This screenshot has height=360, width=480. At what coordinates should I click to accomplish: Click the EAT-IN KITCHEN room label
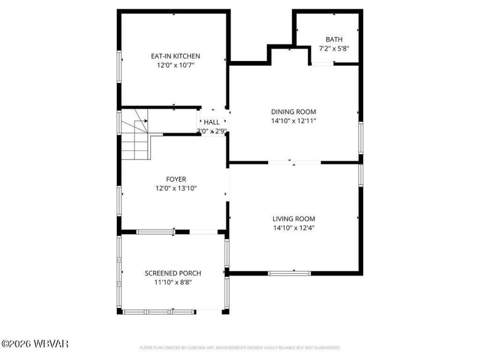175,56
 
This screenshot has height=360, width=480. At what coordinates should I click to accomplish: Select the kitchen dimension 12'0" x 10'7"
175,66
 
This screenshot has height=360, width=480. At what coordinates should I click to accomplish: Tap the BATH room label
334,39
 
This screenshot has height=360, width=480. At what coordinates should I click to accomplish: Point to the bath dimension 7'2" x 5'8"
334,48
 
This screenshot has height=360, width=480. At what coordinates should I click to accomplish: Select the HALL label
212,122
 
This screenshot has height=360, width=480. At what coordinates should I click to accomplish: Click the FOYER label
176,179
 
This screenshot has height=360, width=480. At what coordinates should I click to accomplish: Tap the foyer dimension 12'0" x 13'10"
176,188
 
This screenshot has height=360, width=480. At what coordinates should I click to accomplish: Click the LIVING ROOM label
294,219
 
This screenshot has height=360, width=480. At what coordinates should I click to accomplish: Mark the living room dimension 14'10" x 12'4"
294,228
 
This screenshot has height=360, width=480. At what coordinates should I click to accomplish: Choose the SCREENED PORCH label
173,273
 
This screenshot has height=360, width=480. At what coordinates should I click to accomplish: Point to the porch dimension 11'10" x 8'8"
173,282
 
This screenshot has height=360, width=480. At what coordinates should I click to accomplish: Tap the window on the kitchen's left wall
120,67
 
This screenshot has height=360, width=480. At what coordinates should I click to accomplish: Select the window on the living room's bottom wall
289,273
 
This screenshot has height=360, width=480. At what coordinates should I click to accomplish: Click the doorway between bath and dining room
322,64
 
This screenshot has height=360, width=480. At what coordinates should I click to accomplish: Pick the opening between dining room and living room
294,162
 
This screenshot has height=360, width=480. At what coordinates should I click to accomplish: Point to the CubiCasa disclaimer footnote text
240,348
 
